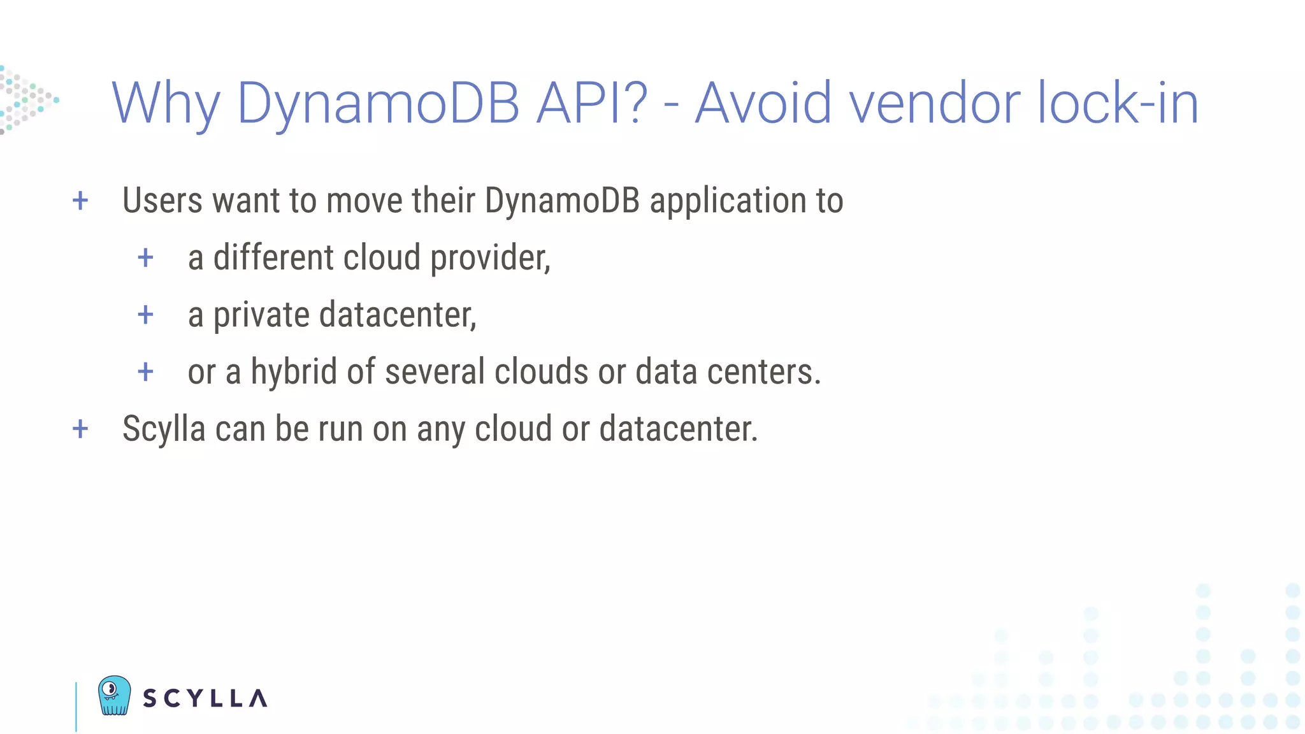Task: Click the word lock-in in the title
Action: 1118,103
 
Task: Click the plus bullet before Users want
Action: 80,201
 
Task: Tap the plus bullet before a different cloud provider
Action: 146,258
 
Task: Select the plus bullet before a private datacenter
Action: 146,315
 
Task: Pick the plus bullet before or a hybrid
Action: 146,371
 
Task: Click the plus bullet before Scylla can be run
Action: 80,429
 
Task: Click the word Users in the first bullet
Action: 162,201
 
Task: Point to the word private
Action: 261,315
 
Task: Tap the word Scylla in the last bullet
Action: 164,429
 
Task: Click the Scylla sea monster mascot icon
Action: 115,695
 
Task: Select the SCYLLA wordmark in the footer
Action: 205,698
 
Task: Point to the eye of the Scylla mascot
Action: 110,689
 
